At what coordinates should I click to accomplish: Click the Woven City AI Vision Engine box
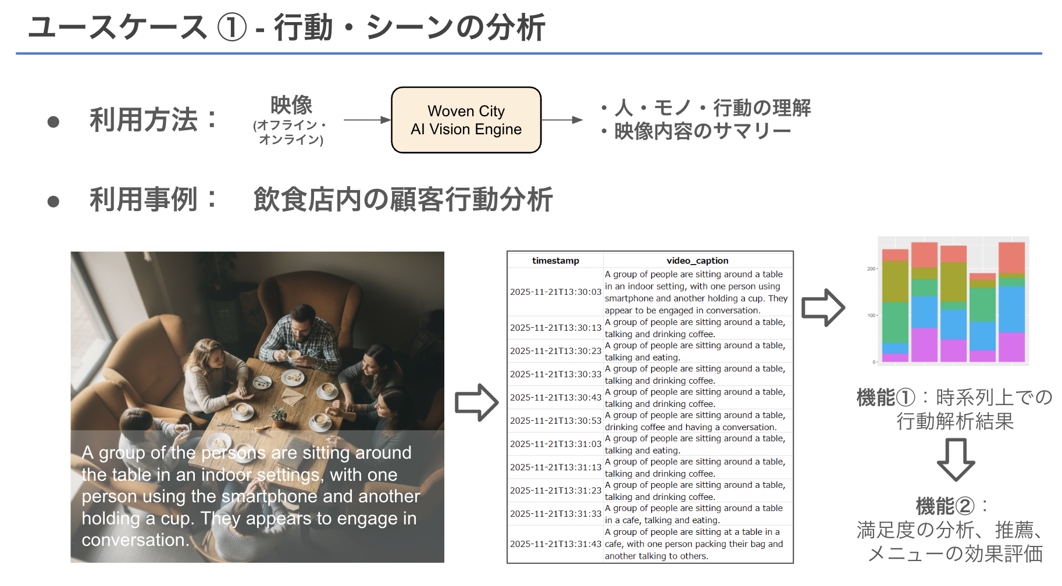tap(466, 120)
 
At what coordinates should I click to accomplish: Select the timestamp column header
tap(555, 260)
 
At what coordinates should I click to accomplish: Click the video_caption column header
tap(697, 260)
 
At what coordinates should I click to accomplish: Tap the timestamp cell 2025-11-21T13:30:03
tap(555, 292)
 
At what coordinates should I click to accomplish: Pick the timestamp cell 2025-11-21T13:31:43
tap(555, 544)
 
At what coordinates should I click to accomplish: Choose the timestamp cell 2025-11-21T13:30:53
tap(555, 421)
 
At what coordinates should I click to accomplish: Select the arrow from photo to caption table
tap(476, 402)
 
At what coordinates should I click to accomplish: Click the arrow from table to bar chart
tap(822, 308)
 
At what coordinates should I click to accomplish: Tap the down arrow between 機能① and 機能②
tap(956, 459)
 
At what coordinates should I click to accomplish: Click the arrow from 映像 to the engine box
tap(367, 120)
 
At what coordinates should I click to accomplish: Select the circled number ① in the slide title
tap(231, 28)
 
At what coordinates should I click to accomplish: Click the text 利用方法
tap(144, 120)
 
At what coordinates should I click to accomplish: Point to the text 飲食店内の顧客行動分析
tap(402, 199)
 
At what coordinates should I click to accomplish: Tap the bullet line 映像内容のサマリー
tap(702, 131)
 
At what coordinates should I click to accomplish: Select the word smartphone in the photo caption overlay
tap(270, 496)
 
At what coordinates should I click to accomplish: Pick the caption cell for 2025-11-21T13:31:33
tap(697, 514)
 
